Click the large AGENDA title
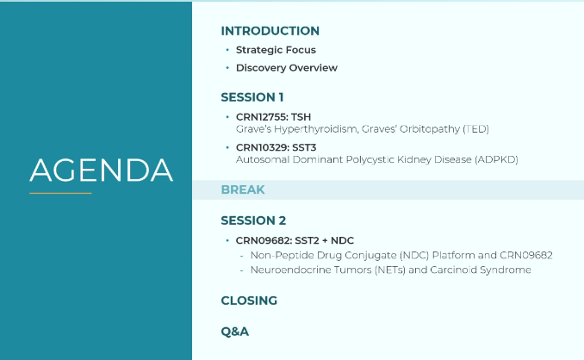point(102,171)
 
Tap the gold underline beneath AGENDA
point(60,193)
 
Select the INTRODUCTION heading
point(270,31)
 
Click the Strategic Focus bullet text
point(276,50)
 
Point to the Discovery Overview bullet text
point(287,68)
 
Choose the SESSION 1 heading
point(252,97)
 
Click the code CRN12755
point(262,117)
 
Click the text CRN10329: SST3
point(276,147)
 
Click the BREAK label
point(243,189)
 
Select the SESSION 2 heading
point(253,220)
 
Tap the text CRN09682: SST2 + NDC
point(295,240)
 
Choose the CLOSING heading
point(249,301)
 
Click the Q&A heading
point(234,332)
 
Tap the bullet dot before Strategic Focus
point(227,49)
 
